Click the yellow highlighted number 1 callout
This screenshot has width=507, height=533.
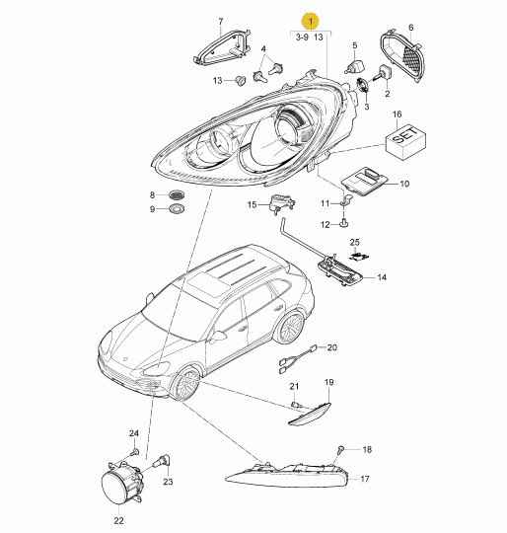(x=311, y=21)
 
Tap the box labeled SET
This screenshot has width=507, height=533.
(x=405, y=142)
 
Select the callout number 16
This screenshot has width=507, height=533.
(x=397, y=114)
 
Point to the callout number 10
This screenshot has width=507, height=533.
(x=404, y=184)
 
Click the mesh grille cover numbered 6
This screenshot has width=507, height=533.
(x=402, y=55)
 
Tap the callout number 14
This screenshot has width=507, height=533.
(x=382, y=277)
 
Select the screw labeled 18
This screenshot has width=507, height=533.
(x=341, y=450)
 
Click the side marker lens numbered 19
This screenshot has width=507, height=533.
(x=310, y=414)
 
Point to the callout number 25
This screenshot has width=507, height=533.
(x=354, y=243)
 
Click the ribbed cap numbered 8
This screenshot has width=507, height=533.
(x=177, y=194)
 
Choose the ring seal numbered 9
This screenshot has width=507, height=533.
(x=177, y=208)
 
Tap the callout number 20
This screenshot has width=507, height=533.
(x=332, y=347)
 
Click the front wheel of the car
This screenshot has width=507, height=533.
(x=184, y=384)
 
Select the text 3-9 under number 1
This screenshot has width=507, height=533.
(x=302, y=38)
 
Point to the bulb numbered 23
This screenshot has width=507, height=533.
(x=163, y=463)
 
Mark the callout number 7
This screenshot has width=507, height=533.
(x=221, y=22)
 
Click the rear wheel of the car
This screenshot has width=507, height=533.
(x=290, y=328)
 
